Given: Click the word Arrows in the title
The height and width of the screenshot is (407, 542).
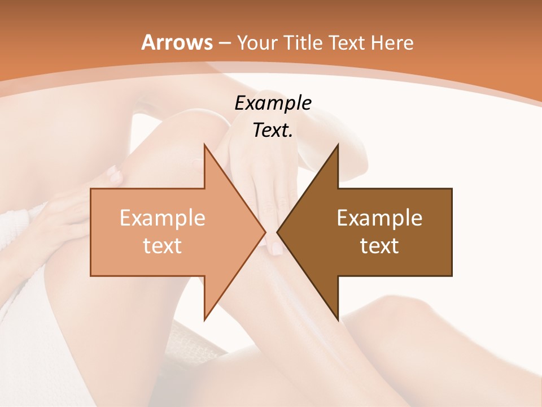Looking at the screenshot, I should [177, 42].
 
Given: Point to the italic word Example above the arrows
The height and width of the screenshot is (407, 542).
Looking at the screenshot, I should [273, 103].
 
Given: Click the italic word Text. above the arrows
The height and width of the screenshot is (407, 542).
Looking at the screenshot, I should [273, 130].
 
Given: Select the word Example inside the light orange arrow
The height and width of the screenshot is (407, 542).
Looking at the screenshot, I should [163, 218].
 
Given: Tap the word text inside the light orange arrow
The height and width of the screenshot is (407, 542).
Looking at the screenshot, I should [163, 245].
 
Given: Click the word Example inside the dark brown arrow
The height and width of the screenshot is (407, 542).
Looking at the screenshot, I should [379, 218].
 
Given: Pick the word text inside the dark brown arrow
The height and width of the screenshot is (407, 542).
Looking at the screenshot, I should [379, 245].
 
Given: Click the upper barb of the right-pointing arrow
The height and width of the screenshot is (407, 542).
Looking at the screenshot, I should [206, 148].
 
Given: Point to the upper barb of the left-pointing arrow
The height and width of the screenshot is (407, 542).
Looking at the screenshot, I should [337, 148].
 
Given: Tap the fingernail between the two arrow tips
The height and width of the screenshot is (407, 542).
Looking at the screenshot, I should [277, 247].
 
